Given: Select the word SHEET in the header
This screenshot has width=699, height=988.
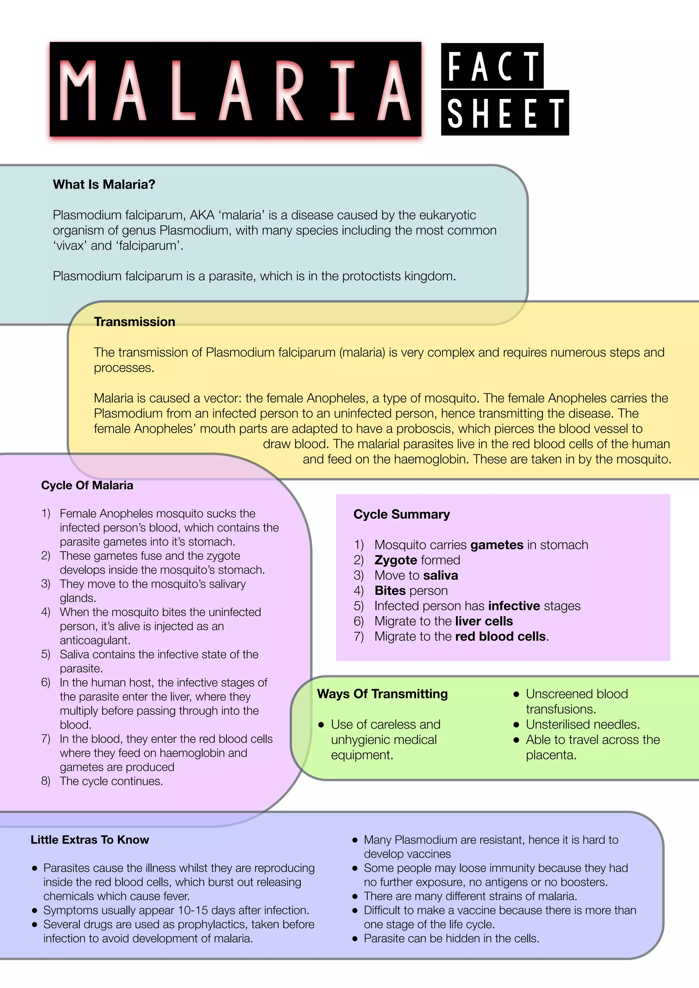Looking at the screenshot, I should click(x=505, y=113).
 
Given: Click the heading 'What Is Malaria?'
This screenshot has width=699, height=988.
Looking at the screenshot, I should click(x=104, y=185).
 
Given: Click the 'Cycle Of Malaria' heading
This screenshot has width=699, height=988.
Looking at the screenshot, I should click(x=87, y=485).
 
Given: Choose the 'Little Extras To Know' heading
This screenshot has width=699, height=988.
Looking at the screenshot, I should click(x=89, y=840).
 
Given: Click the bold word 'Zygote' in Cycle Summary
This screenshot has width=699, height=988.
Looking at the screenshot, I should click(x=396, y=560).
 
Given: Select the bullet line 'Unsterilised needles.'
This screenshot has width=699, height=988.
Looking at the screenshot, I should click(x=582, y=724).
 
